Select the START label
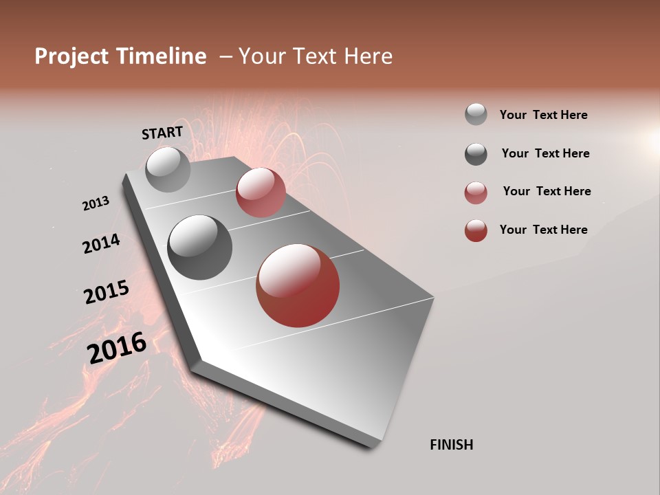[x=162, y=133]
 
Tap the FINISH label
[x=451, y=445]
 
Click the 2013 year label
[x=96, y=203]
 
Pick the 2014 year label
[x=101, y=243]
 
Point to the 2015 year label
[x=107, y=292]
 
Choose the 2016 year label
[x=117, y=347]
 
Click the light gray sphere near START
[x=168, y=169]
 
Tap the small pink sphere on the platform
[x=261, y=192]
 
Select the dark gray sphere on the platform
[x=199, y=247]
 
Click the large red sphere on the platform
[x=298, y=285]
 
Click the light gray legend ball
[x=476, y=115]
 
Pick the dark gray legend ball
[x=476, y=154]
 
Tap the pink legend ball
[x=476, y=192]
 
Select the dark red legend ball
[x=476, y=230]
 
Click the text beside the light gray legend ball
[x=543, y=115]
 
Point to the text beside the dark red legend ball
[x=543, y=230]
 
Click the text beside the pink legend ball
[x=547, y=191]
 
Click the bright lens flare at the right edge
[x=651, y=140]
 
